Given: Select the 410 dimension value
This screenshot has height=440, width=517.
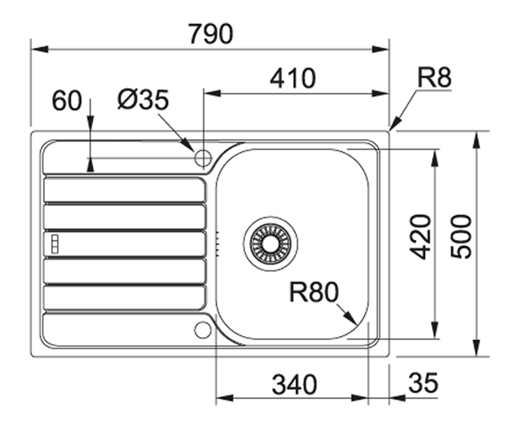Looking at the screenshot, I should pyautogui.click(x=293, y=79).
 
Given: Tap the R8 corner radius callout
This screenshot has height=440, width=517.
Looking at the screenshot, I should pyautogui.click(x=434, y=79).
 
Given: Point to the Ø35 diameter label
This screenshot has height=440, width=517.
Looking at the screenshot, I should pyautogui.click(x=143, y=100).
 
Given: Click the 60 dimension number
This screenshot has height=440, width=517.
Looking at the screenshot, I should pyautogui.click(x=66, y=101).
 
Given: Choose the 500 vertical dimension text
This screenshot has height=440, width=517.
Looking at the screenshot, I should pyautogui.click(x=462, y=236).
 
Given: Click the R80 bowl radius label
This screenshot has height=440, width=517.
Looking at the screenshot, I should pyautogui.click(x=314, y=293).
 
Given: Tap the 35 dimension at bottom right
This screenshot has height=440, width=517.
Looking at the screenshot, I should pyautogui.click(x=423, y=384).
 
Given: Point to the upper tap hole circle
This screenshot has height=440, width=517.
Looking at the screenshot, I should pyautogui.click(x=203, y=158).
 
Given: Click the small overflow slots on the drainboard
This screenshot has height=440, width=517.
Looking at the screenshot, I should pyautogui.click(x=54, y=244).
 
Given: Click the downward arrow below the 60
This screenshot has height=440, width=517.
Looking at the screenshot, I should pyautogui.click(x=90, y=166).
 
